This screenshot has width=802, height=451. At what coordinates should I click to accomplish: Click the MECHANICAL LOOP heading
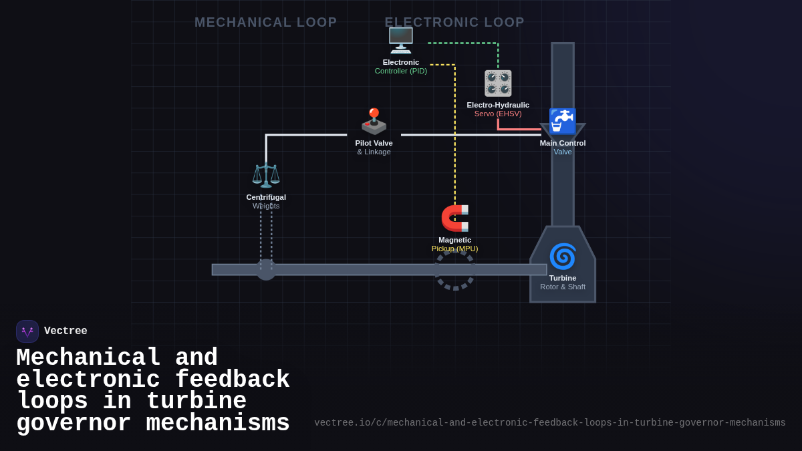click(x=265, y=22)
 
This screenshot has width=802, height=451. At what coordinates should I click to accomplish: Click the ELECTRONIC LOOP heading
click(x=454, y=22)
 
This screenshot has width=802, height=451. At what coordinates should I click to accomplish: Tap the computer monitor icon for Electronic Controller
click(x=401, y=41)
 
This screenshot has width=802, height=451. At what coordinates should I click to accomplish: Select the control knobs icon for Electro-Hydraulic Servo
click(x=498, y=84)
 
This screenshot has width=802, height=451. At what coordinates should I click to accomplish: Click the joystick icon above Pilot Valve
click(x=374, y=122)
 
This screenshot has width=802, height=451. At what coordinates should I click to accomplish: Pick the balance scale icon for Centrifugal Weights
click(x=266, y=175)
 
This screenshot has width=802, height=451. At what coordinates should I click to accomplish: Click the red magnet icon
click(x=455, y=218)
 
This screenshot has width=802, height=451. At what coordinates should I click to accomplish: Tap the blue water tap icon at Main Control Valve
click(x=562, y=121)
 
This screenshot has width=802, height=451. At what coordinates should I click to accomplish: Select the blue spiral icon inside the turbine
click(x=562, y=257)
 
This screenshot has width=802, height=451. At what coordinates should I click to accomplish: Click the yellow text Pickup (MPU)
click(x=454, y=249)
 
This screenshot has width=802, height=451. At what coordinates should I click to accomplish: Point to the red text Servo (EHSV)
click(x=498, y=114)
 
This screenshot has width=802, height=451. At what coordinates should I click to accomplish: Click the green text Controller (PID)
click(x=400, y=71)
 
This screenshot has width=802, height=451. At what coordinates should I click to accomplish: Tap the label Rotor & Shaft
click(x=563, y=287)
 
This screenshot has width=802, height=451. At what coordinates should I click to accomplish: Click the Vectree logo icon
click(x=27, y=331)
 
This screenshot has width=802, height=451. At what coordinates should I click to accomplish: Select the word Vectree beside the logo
click(x=65, y=331)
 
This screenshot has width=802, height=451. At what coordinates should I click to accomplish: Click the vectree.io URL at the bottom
click(x=549, y=423)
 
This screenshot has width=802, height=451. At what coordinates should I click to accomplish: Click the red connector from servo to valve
click(x=519, y=129)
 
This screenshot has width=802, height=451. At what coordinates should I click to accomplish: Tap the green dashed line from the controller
click(x=462, y=43)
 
